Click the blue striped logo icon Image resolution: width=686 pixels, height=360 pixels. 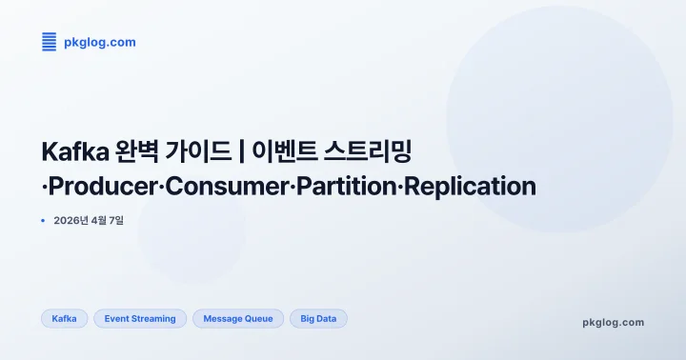(50, 42)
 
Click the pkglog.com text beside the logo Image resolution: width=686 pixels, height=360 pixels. (100, 42)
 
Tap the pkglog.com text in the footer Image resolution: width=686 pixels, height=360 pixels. (613, 322)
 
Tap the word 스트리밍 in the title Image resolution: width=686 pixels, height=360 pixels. (367, 151)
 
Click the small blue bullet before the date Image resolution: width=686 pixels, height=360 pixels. (43, 220)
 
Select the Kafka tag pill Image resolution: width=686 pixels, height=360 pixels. (65, 319)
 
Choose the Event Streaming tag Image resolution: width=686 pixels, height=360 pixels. (140, 319)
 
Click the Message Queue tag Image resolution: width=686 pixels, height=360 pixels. (238, 319)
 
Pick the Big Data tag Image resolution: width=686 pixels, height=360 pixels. (318, 319)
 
